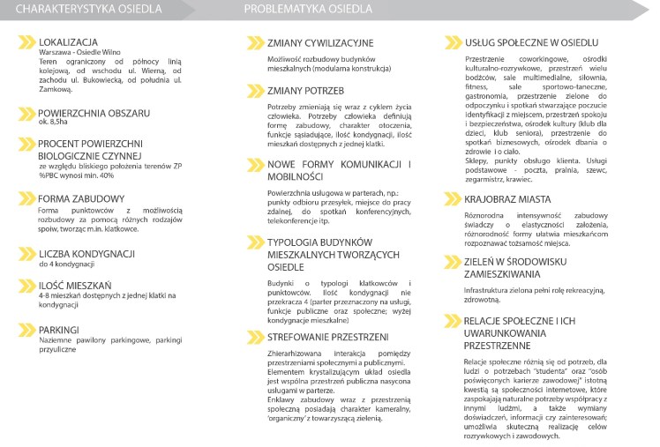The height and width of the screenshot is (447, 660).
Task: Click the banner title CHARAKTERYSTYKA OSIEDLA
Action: [x=88, y=10]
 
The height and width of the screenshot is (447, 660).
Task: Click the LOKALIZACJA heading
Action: [x=68, y=42]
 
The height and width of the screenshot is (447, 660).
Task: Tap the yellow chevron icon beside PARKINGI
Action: [x=26, y=330]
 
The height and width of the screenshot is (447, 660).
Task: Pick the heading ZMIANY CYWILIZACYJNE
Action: [x=321, y=42]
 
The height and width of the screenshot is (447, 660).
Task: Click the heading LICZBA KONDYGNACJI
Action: [x=86, y=254]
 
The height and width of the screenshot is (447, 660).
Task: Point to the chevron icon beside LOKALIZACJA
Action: [x=26, y=42]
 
